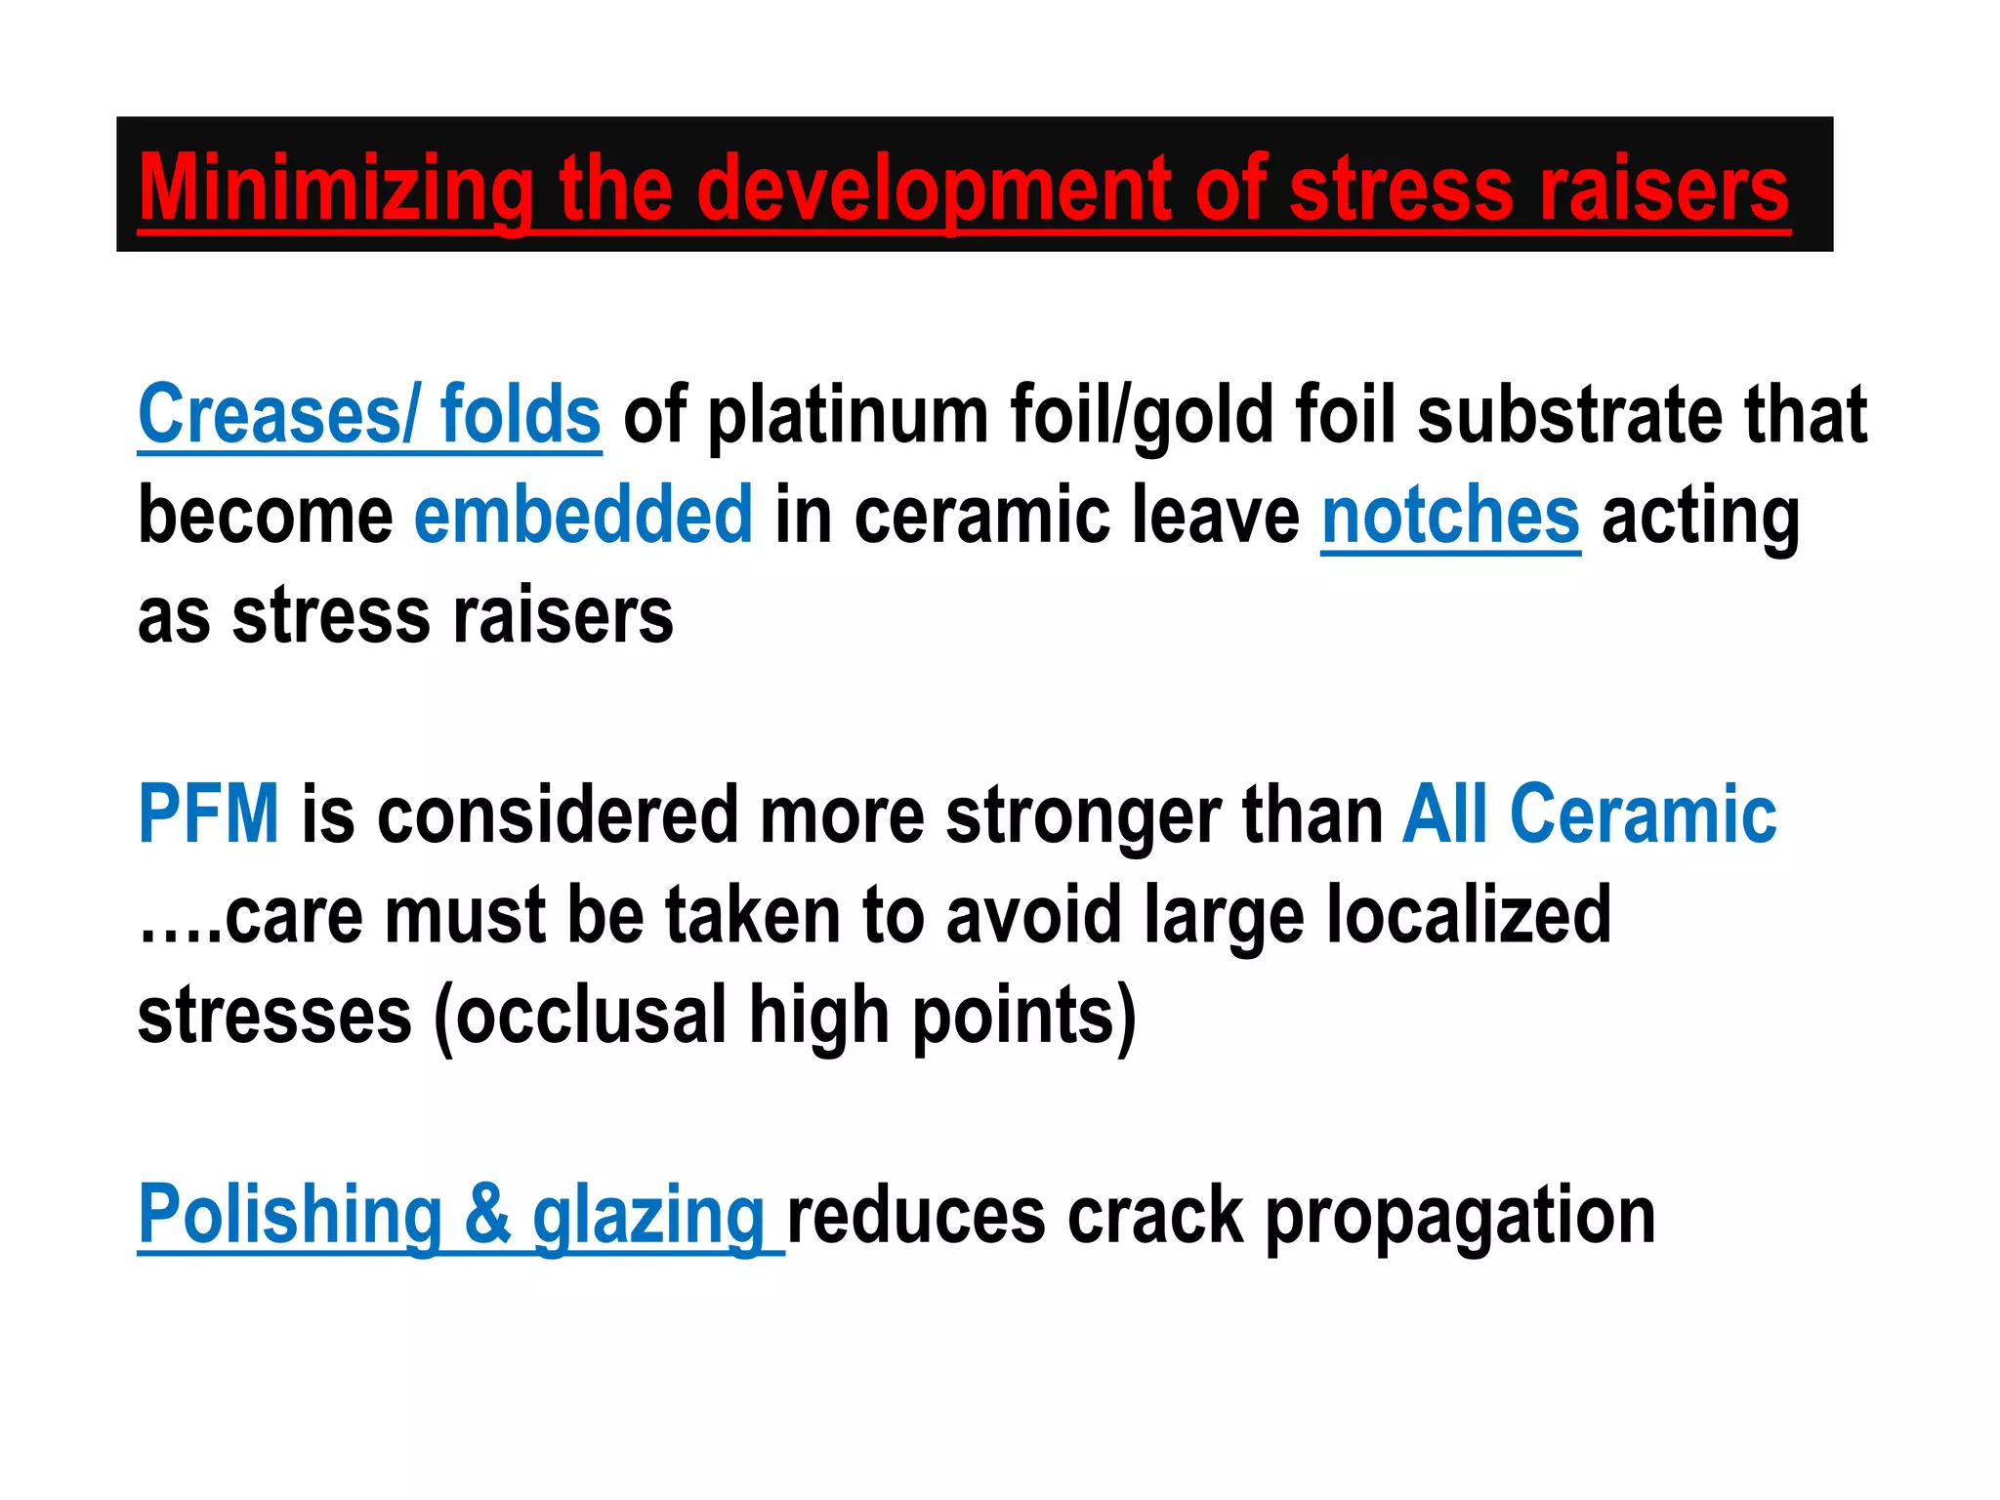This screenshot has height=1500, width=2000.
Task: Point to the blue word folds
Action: click(x=520, y=414)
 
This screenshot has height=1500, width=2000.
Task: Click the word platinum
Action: click(x=847, y=416)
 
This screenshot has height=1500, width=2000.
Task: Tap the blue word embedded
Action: click(x=583, y=515)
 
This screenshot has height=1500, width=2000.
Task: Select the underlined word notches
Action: click(x=1450, y=515)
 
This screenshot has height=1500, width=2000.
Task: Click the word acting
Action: click(x=1700, y=517)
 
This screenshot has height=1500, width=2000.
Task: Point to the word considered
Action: click(x=558, y=815)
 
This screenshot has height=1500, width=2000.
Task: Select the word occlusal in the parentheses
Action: click(x=591, y=1016)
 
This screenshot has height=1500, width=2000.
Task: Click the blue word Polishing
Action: click(x=290, y=1215)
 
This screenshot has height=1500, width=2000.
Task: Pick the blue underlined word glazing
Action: click(x=647, y=1217)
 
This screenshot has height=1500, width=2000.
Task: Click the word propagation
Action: click(x=1460, y=1217)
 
